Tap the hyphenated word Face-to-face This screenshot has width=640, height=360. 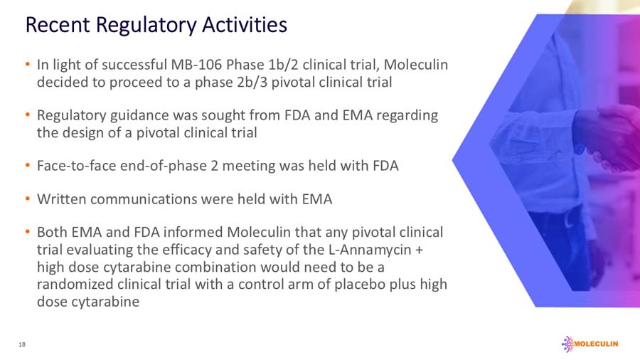73,166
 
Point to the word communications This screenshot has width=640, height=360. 144,199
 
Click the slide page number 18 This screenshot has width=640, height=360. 22,344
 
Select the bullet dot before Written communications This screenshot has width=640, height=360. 27,199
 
